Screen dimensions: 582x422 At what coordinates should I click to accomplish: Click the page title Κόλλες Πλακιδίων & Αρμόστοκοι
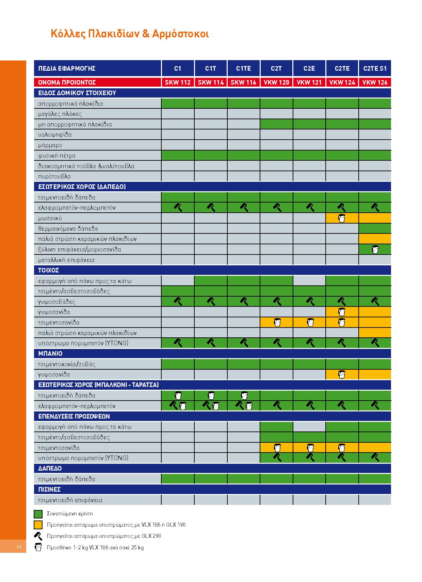pos(129,34)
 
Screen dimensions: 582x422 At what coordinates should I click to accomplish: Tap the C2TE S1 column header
pos(375,69)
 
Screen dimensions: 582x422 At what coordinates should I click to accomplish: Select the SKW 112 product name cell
pos(178,82)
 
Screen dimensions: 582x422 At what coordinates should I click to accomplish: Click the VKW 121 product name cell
pos(309,82)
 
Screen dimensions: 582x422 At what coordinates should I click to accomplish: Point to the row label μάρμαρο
pos(50,145)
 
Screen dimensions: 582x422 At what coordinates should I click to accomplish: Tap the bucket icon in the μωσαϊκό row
pos(342,218)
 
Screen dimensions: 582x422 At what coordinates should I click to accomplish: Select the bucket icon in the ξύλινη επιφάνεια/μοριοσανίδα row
pos(375,250)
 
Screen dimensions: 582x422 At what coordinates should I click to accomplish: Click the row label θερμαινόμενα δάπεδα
pos(68,229)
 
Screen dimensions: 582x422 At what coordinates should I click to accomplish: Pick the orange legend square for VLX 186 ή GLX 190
pos(38,525)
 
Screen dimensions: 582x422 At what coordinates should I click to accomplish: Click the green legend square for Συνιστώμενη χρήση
pos(38,514)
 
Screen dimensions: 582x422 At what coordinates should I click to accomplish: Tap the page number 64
pos(19,547)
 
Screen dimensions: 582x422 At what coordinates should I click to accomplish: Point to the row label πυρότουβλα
pos(54,176)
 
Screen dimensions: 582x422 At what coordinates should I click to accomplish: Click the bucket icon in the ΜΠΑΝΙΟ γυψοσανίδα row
pos(342,374)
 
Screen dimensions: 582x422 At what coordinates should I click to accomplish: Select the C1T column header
pos(211,69)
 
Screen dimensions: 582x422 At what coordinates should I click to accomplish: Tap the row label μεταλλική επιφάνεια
pos(66,260)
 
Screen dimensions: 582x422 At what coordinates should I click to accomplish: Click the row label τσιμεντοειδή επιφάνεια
pos(70,500)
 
